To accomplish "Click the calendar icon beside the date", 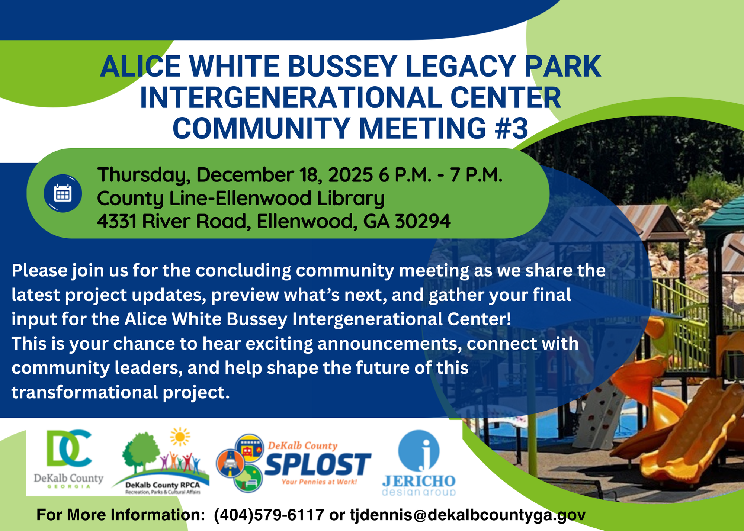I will point(62,193).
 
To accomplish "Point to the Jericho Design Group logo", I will point(419,463).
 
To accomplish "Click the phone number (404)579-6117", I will point(269,515).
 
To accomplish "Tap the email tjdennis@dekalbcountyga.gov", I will point(468,515).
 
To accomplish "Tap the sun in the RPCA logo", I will point(180,437).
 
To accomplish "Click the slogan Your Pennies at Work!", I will point(319,482).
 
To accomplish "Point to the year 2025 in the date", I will point(350,175).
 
